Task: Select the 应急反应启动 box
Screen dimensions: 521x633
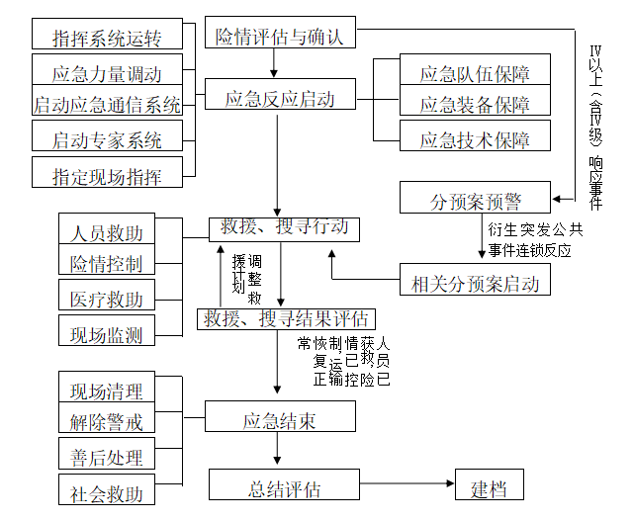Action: [x=280, y=98]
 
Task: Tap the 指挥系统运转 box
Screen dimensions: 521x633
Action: [x=108, y=39]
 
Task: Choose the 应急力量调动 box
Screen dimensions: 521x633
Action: [x=108, y=73]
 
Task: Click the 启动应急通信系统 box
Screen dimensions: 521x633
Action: [x=108, y=104]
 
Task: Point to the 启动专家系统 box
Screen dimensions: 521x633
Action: [x=108, y=139]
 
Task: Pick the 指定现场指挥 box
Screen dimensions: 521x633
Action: [x=108, y=176]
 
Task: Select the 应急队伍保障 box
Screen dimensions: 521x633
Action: [x=475, y=72]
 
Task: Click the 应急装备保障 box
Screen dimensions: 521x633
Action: [x=475, y=104]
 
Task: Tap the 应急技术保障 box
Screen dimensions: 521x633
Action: [x=475, y=138]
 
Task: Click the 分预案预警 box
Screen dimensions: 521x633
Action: [x=475, y=200]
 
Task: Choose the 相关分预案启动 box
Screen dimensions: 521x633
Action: [x=475, y=283]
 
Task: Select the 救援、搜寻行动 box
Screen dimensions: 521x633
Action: [x=284, y=229]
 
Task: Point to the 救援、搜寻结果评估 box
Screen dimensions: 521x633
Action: [x=285, y=318]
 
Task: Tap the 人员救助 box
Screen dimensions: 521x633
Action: [x=107, y=232]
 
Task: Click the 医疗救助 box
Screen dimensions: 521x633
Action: [x=107, y=299]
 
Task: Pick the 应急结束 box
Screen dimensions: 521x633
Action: [x=279, y=420]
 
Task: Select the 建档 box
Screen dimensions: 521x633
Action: [x=488, y=487]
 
